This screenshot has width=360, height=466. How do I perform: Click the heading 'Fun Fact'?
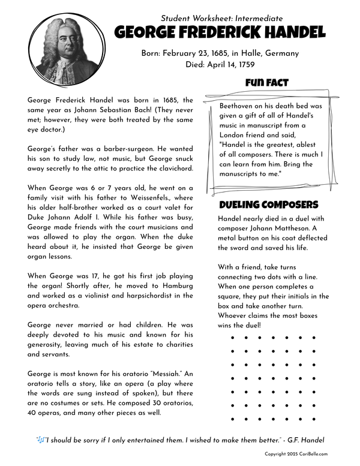[267, 83]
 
